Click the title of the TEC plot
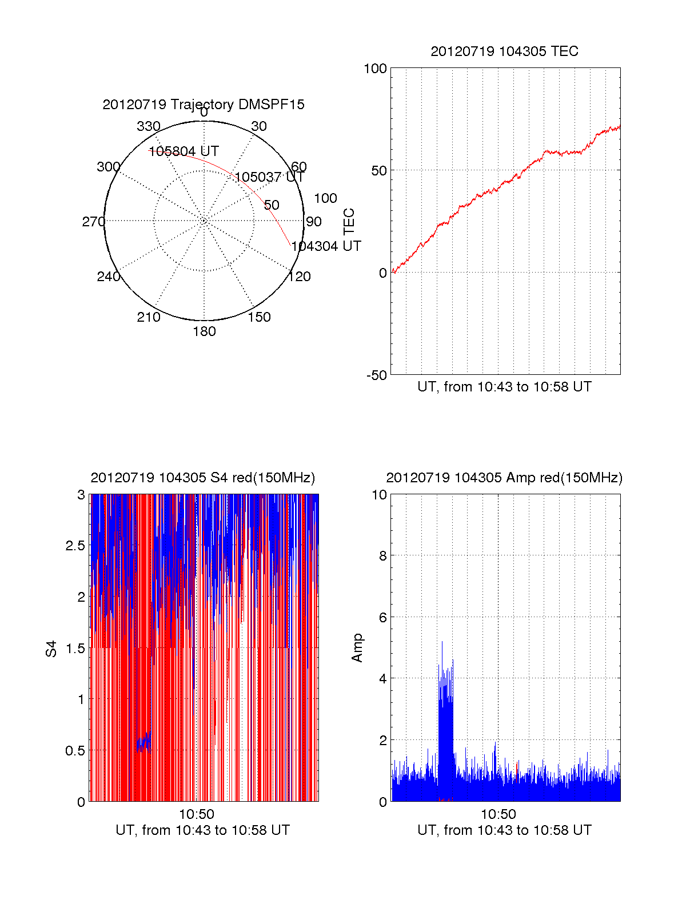[504, 51]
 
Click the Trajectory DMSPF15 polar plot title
[204, 105]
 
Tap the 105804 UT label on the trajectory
[184, 151]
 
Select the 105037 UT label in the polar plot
[269, 177]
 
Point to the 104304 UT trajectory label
[326, 246]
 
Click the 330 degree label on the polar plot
[149, 126]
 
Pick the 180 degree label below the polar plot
[204, 331]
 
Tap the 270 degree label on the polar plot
[93, 222]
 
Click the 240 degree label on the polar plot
[108, 277]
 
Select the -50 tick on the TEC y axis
[377, 375]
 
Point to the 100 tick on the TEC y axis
[376, 69]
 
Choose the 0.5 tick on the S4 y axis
[75, 751]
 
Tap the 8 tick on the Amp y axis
[383, 556]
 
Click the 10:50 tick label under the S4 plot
[197, 814]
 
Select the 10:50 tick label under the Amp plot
[498, 814]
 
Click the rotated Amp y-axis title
[357, 648]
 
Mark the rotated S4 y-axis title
[51, 649]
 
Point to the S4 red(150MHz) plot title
[203, 478]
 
